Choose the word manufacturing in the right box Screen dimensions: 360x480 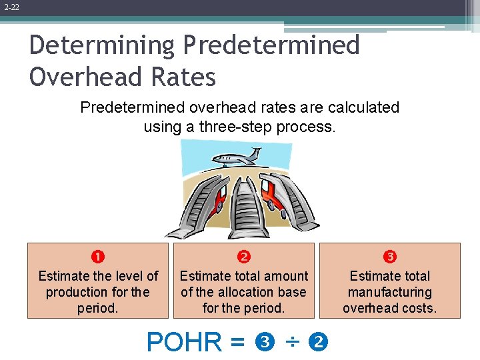390,292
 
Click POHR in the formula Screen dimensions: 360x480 185,343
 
